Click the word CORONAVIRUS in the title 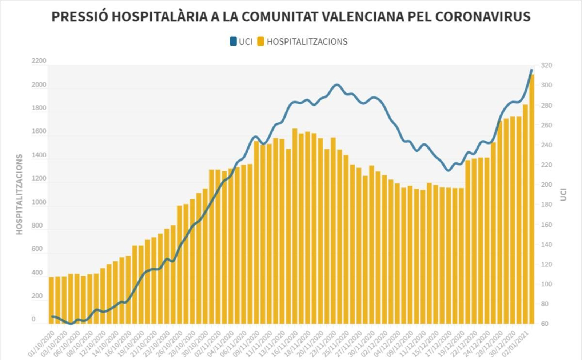coord(483,17)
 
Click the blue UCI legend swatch coord(233,41)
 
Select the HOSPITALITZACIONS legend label coord(307,42)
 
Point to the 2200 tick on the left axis coord(39,61)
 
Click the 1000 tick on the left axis coord(39,202)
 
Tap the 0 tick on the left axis coord(33,319)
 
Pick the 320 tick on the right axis coord(546,66)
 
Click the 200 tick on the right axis coord(546,185)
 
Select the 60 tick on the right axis coord(545,324)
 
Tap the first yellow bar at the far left coord(51,300)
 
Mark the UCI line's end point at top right coord(531,70)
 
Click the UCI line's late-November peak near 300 coord(336,85)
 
